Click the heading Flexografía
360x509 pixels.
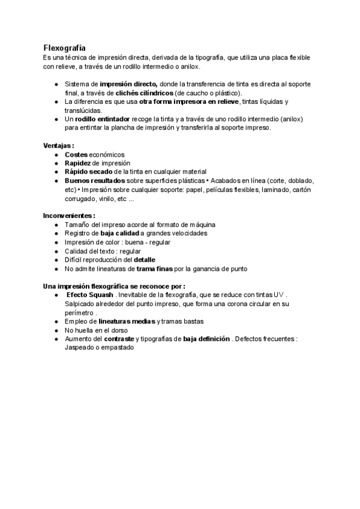coord(64,47)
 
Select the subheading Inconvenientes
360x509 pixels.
coord(69,215)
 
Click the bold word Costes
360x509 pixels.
coord(76,155)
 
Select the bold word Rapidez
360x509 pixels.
coord(77,163)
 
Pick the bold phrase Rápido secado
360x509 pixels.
coord(87,172)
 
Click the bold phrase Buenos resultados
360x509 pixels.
coord(95,181)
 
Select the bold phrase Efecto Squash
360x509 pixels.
coord(89,295)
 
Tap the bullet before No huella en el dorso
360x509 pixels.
coord(56,330)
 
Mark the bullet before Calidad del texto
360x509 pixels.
coord(56,251)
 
